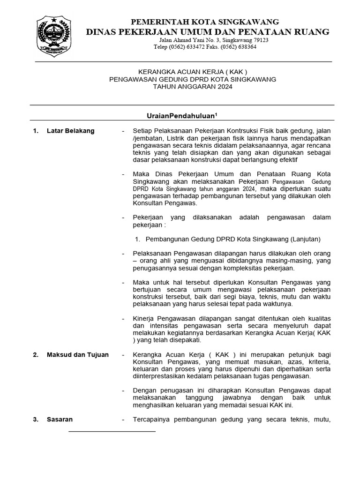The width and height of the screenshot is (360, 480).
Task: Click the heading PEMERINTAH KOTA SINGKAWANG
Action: [205, 22]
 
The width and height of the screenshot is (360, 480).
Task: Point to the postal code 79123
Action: [258, 40]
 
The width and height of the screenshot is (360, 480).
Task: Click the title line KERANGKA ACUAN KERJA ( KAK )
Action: [192, 72]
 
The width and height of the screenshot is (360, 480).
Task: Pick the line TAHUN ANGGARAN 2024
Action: [192, 87]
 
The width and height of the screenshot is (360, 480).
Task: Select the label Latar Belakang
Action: [71, 131]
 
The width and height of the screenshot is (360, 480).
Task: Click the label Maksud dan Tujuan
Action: [78, 355]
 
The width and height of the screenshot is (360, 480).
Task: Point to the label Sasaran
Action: [60, 420]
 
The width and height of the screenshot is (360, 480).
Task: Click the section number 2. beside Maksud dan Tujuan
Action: [35, 355]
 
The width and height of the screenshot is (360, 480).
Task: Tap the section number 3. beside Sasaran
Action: [35, 420]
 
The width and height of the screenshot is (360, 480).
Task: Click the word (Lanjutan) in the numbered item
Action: [305, 239]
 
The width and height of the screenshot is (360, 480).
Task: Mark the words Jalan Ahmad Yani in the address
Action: [174, 40]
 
